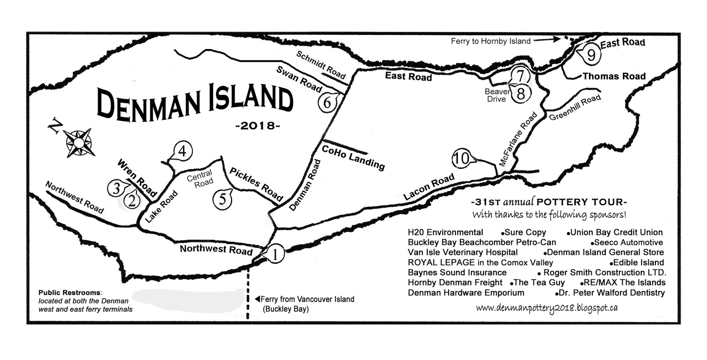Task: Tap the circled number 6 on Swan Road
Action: (327, 102)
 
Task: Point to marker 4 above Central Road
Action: (182, 152)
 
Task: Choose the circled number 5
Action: (222, 199)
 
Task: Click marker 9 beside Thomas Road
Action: (591, 55)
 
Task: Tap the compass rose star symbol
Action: (79, 142)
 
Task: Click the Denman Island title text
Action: (194, 102)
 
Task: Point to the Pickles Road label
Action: (256, 184)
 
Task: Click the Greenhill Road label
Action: (574, 107)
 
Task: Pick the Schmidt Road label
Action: (321, 65)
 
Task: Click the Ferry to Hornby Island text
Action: (490, 41)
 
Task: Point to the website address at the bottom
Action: (547, 308)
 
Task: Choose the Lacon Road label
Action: (429, 187)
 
